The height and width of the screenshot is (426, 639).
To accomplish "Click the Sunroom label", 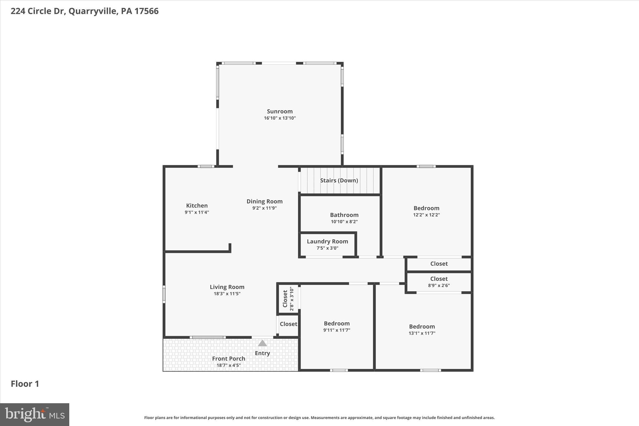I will pyautogui.click(x=280, y=111).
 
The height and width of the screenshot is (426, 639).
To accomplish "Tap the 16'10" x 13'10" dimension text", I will pyautogui.click(x=280, y=118).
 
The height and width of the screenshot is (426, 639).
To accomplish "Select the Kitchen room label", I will pyautogui.click(x=197, y=205).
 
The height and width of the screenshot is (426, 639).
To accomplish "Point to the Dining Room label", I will pyautogui.click(x=264, y=201).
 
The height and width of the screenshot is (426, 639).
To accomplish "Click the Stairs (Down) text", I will pyautogui.click(x=339, y=180).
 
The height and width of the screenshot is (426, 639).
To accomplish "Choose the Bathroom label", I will pyautogui.click(x=344, y=215).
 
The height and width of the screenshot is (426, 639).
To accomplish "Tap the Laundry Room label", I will pyautogui.click(x=327, y=241).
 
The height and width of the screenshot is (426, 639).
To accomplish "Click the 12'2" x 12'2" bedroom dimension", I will pyautogui.click(x=426, y=215).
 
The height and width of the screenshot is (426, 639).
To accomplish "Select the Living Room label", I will pyautogui.click(x=227, y=287).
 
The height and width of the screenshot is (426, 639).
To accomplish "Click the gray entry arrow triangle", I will pyautogui.click(x=262, y=343).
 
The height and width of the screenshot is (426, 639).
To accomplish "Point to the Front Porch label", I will pyautogui.click(x=228, y=359).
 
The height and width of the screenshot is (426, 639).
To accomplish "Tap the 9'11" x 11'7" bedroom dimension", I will pyautogui.click(x=337, y=330).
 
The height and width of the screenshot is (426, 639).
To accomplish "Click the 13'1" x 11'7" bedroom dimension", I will pyautogui.click(x=422, y=333).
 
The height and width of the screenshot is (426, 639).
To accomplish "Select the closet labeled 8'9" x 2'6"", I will pyautogui.click(x=439, y=282).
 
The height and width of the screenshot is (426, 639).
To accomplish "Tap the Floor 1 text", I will pyautogui.click(x=25, y=384).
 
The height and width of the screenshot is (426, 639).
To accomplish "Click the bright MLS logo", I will pyautogui.click(x=35, y=414).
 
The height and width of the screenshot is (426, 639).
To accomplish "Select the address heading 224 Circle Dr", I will pyautogui.click(x=85, y=11).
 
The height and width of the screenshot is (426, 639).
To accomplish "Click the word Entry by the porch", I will pyautogui.click(x=262, y=353).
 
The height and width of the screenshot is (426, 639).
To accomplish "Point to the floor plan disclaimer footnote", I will pyautogui.click(x=319, y=418).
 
